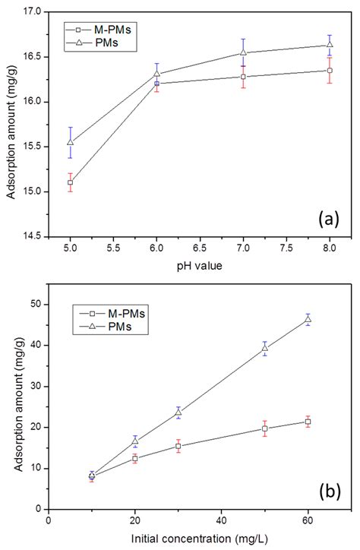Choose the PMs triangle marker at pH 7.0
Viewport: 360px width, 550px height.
coord(243,52)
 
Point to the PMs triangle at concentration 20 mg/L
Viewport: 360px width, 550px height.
coord(135,441)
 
